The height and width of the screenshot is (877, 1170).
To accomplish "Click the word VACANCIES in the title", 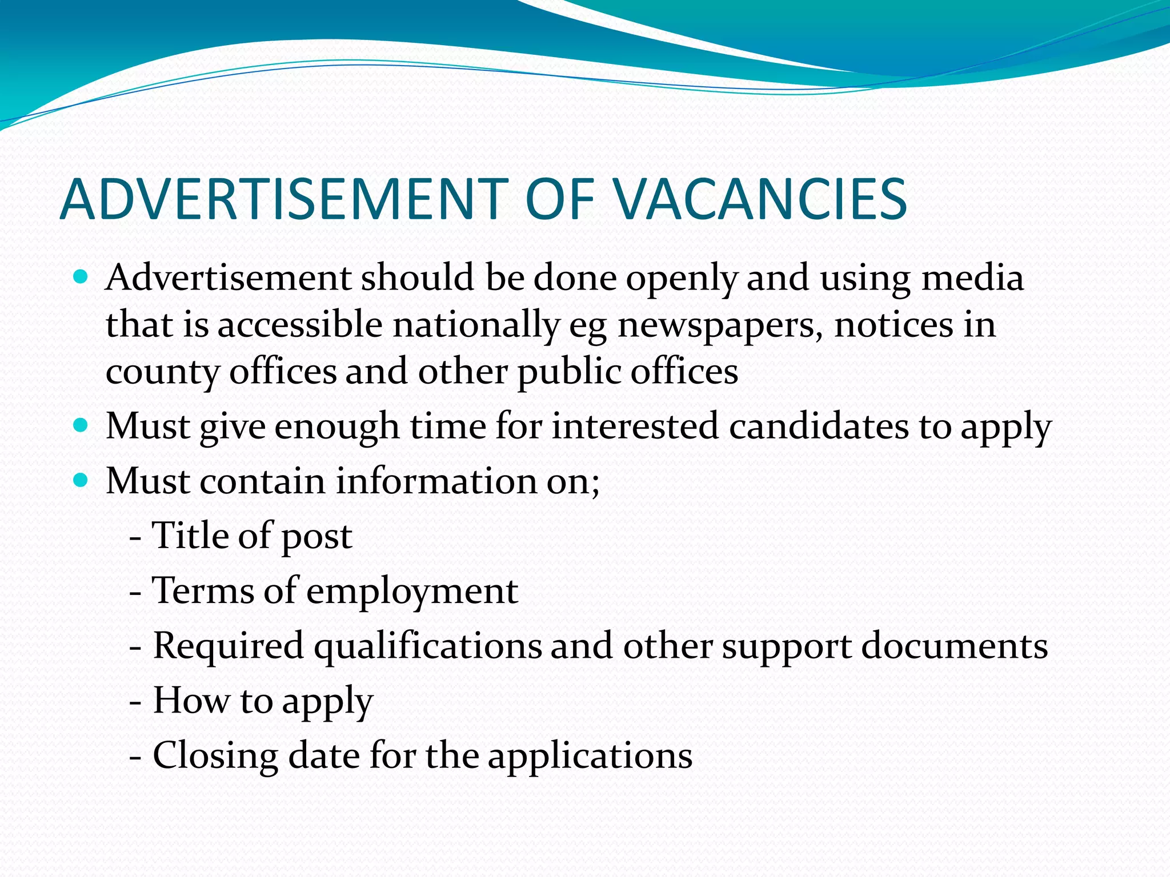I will tap(761, 199).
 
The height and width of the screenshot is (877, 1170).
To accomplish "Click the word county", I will tap(162, 372).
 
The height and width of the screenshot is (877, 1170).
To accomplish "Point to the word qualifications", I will tap(428, 646).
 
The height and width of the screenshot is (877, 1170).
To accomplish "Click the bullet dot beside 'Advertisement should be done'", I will tap(81, 279).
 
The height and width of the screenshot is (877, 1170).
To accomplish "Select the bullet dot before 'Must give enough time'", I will tap(81, 426).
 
